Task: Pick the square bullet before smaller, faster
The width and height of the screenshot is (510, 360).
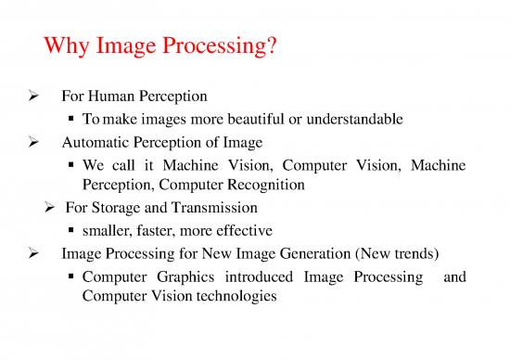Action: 72,230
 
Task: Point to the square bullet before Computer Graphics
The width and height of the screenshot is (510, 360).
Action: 72,276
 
